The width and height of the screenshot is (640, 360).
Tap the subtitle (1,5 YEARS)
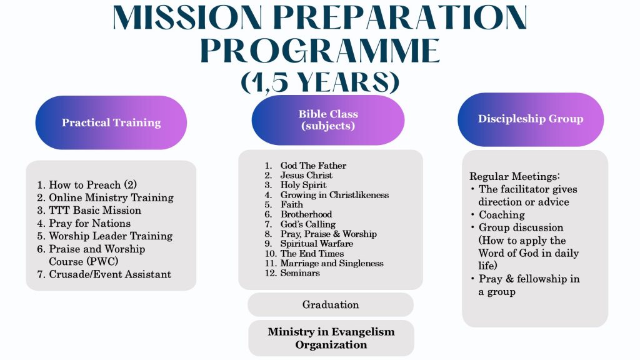coord(320,81)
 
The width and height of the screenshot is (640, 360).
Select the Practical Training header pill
coord(111,122)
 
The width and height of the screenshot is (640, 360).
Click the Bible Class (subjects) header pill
coord(328,120)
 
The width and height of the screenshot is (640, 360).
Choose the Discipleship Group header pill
coord(531,119)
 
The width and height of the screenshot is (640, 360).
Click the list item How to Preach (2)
coord(92,184)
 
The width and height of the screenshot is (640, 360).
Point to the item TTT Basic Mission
coord(95,210)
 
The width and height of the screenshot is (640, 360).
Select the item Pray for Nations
coord(89,223)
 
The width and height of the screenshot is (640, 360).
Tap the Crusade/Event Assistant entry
coord(109,274)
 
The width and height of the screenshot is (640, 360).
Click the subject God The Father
coord(312,166)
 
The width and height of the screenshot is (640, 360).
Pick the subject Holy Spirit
coord(303,185)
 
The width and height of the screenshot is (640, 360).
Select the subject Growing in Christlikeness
coord(334,195)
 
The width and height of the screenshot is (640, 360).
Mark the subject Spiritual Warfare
coord(316,244)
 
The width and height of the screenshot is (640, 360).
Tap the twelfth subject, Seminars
coord(299,273)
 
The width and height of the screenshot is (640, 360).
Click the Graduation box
coord(331,304)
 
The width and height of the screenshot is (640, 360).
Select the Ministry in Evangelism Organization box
coord(331,338)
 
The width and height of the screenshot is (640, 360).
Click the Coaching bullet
coord(502,214)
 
